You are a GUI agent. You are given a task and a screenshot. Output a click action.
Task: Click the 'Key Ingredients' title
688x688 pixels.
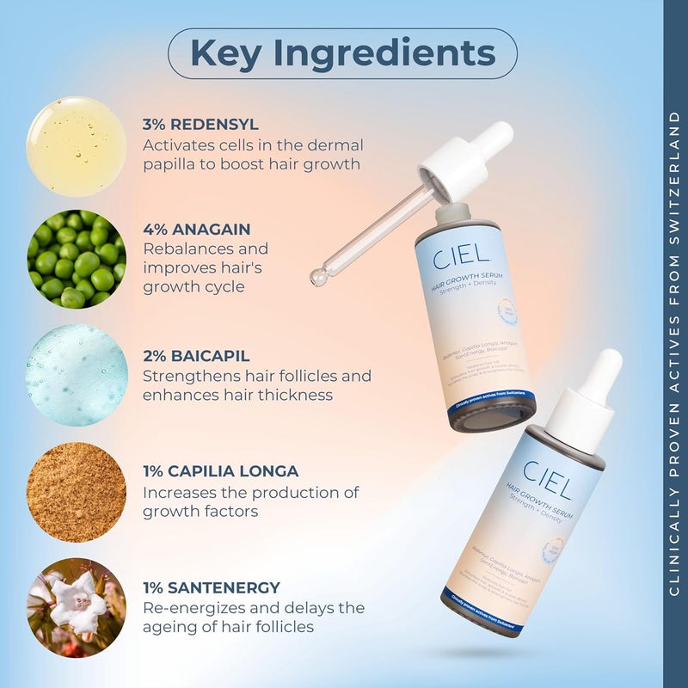coord(342,53)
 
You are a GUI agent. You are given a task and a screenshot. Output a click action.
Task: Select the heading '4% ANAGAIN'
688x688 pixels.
coord(197,229)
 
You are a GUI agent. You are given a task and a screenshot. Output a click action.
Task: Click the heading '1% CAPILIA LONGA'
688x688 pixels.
coord(221,471)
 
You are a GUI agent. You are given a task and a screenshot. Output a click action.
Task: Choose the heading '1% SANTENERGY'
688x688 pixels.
coord(212,588)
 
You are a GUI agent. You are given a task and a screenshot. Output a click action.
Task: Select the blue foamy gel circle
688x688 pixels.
coord(77,375)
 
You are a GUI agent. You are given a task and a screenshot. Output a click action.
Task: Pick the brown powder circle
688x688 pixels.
coord(77,492)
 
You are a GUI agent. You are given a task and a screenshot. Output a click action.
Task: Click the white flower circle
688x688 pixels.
coord(77,608)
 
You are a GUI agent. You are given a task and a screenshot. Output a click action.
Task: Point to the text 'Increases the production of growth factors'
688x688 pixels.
coord(250,502)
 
